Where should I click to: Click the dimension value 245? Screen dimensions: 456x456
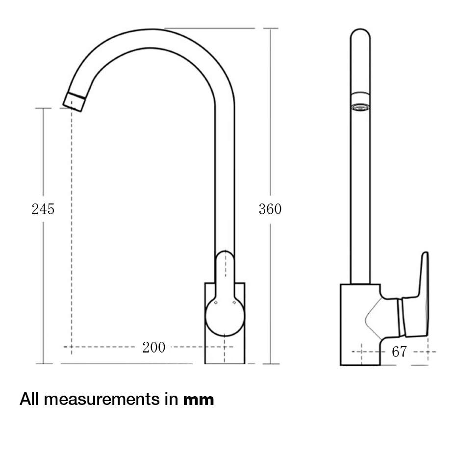(43, 209)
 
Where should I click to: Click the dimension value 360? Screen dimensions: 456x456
(270, 209)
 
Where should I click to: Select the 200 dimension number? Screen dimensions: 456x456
(154, 348)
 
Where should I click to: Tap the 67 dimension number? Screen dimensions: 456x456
(400, 352)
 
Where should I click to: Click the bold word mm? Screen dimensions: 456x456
(199, 400)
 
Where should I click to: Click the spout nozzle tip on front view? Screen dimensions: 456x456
(75, 101)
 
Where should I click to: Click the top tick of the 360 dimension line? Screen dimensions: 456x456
(270, 28)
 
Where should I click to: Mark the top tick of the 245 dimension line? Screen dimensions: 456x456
(44, 108)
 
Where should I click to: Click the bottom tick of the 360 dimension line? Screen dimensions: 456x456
(270, 364)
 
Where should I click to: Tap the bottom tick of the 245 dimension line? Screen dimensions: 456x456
(44, 364)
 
